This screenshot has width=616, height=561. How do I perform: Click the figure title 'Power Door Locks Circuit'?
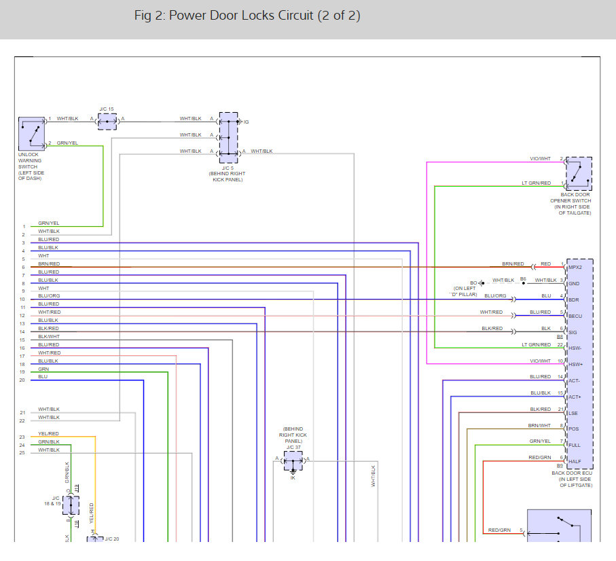coord(247,16)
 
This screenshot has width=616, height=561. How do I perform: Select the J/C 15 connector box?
coord(107,122)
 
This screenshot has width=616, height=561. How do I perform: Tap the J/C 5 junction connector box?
coord(229,137)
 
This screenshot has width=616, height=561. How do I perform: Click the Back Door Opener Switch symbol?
coord(579,174)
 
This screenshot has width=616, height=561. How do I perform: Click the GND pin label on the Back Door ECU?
coord(574,283)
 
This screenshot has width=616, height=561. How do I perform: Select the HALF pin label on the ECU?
coord(575,461)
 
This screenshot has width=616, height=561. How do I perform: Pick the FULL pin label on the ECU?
coord(575,445)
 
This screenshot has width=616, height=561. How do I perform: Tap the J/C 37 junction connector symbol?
coord(293,463)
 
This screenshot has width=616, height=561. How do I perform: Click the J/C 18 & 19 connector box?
coord(71,505)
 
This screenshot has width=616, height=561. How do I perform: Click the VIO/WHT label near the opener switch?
coord(541,159)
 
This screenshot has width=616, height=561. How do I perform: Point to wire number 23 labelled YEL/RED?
coord(48,433)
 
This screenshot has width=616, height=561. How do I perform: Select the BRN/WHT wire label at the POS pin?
coord(540,425)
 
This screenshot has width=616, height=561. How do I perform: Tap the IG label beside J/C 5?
coord(246,122)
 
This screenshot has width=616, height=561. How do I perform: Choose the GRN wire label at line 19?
coord(43,369)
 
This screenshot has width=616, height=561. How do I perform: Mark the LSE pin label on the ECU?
coord(574,412)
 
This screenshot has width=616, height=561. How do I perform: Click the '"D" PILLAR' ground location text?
coord(465,294)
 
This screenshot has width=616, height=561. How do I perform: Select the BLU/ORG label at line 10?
coord(48,296)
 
